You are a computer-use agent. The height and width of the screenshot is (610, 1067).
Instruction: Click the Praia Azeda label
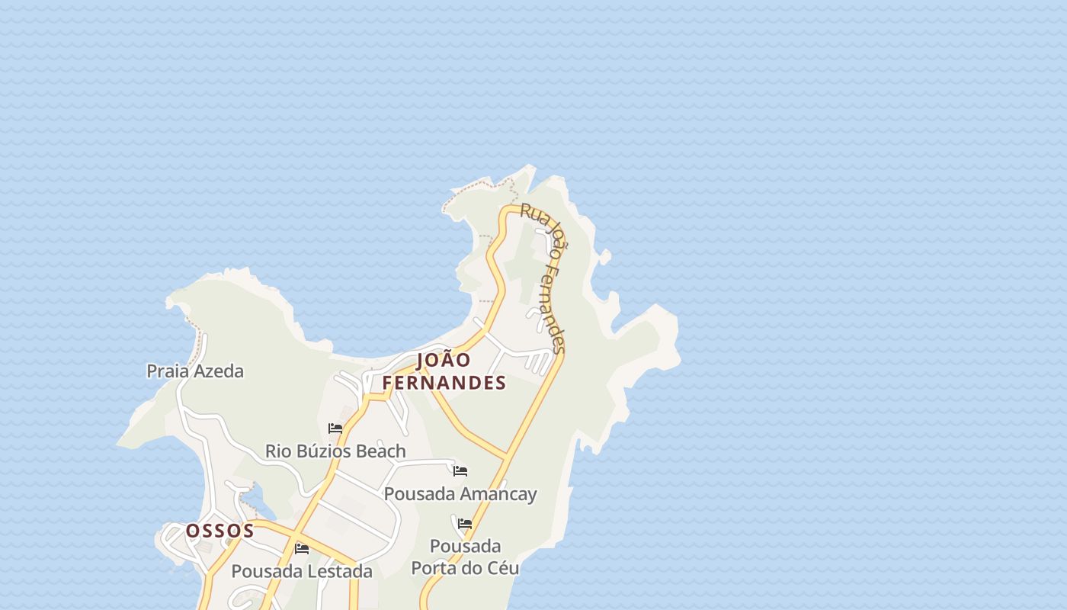click(195, 371)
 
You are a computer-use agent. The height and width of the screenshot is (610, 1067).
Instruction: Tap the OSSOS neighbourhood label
click(220, 531)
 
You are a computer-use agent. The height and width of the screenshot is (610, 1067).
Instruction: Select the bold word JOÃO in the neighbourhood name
click(444, 360)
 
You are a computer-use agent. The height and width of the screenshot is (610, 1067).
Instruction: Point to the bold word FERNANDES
click(444, 383)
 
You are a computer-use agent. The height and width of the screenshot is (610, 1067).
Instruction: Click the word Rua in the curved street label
click(533, 214)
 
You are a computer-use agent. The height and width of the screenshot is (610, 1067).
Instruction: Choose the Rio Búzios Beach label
click(335, 451)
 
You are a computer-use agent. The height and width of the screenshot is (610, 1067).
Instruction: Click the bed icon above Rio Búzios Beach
click(335, 429)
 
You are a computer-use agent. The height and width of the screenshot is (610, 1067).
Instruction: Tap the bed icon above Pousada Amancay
click(460, 471)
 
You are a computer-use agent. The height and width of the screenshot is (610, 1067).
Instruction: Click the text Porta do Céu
click(465, 568)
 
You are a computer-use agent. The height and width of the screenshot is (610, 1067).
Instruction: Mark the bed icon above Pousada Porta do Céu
click(465, 524)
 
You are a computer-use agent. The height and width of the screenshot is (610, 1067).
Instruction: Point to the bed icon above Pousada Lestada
click(302, 549)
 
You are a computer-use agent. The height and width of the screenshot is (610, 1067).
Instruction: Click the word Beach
click(381, 451)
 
